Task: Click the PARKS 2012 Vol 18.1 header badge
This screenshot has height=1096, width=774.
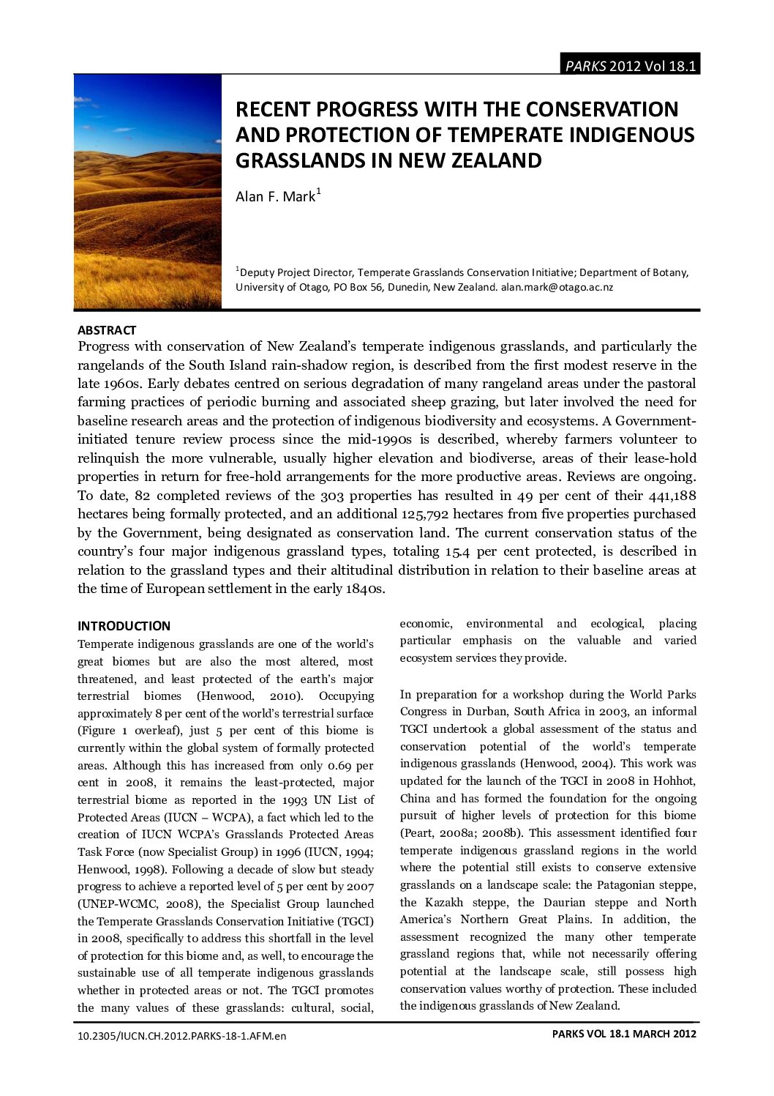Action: click(x=629, y=65)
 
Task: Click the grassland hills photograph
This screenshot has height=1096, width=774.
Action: click(x=147, y=191)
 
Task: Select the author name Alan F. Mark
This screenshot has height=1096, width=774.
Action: click(x=275, y=197)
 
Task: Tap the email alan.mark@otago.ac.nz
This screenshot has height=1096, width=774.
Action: click(x=557, y=287)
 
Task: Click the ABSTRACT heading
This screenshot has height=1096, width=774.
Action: click(x=107, y=330)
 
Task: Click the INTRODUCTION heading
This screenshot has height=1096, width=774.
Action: click(x=124, y=626)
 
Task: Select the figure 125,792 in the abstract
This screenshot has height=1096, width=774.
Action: click(x=427, y=514)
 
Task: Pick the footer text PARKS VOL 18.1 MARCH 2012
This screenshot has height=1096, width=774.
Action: click(x=624, y=1034)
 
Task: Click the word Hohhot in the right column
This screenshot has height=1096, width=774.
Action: click(x=675, y=781)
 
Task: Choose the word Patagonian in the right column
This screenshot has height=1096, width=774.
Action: click(x=625, y=885)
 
